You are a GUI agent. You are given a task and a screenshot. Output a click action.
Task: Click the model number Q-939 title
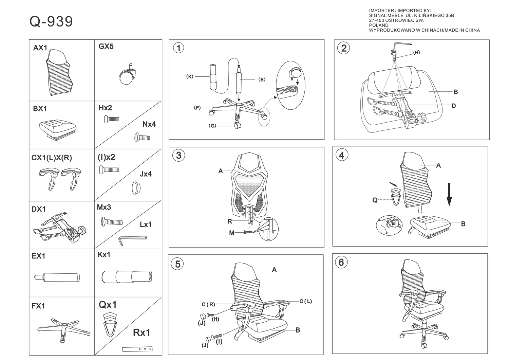[51, 22]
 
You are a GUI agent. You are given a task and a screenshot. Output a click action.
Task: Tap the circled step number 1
[178, 48]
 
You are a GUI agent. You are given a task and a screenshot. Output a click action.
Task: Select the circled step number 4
[342, 155]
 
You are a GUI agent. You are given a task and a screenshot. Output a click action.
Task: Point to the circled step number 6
[341, 262]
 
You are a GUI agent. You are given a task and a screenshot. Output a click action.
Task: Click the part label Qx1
[108, 305]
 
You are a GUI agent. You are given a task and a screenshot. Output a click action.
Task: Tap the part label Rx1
[142, 332]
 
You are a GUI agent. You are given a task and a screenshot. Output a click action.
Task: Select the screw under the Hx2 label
[111, 119]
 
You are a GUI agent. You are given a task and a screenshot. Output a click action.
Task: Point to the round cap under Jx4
[136, 188]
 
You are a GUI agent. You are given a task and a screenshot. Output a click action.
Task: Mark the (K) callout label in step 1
[190, 77]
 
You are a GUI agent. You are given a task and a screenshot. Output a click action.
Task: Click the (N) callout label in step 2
[416, 53]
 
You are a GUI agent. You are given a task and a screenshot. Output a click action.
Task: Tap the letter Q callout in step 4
[375, 200]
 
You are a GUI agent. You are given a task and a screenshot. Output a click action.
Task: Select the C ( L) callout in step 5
[305, 301]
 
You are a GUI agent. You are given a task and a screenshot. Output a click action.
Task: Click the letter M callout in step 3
[232, 233]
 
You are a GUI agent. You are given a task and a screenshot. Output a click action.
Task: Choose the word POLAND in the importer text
[379, 25]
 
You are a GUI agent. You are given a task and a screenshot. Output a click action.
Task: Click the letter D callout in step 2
[454, 106]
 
